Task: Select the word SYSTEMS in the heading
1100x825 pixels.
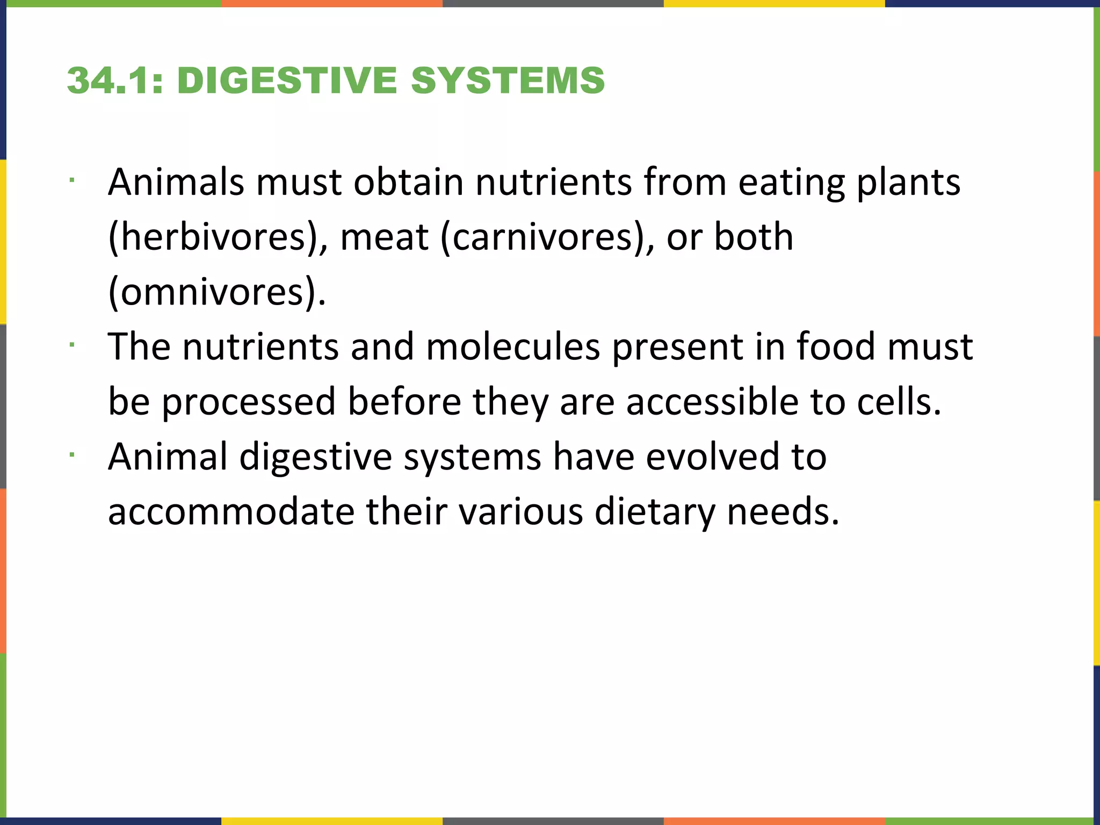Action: [508, 81]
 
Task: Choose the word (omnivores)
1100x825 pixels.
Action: [217, 292]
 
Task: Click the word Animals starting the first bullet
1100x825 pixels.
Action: [176, 182]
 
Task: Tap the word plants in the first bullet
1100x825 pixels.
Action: [908, 183]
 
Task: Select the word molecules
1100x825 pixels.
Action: [513, 346]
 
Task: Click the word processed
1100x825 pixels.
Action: [249, 402]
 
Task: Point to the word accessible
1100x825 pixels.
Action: [712, 401]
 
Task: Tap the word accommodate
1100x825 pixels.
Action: [231, 511]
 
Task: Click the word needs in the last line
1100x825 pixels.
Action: [783, 511]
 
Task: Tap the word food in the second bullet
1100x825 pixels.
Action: [836, 346]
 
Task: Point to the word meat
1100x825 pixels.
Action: [385, 237]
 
